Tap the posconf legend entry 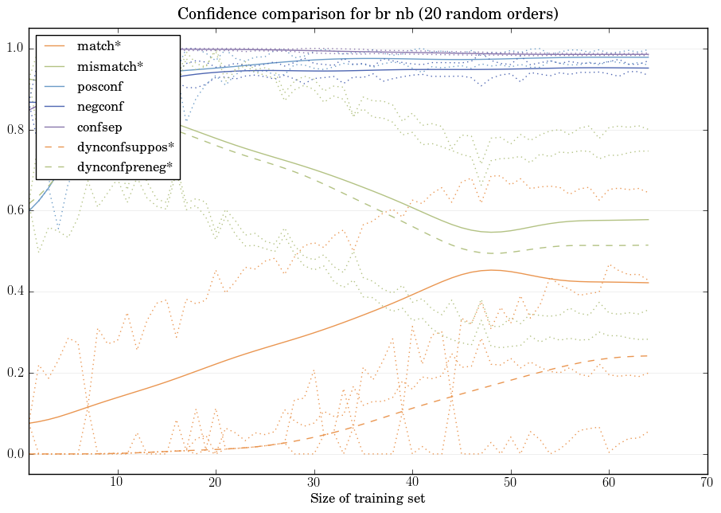pos(99,86)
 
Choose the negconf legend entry pos(100,106)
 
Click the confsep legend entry pos(99,126)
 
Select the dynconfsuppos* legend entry pos(126,147)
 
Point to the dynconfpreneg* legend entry pos(124,167)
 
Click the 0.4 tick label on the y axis pos(14,292)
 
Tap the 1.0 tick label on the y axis pos(14,49)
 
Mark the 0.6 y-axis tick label pos(14,211)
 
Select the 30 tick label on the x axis pos(314,483)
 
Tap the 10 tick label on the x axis pos(117,483)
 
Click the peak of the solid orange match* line pos(492,270)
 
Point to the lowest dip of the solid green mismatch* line pos(492,232)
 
